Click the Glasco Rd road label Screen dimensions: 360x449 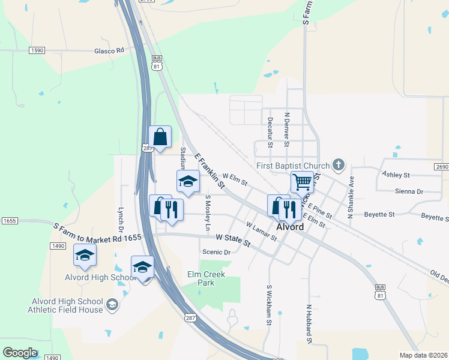(x=109, y=50)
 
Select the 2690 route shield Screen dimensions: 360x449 (x=441, y=166)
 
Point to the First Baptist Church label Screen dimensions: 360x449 (x=293, y=166)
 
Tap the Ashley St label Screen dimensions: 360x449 (x=396, y=175)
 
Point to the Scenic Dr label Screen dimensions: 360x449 (x=216, y=253)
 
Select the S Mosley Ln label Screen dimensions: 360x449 (x=208, y=212)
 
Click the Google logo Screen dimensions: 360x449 (x=20, y=352)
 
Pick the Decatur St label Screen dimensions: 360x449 (x=270, y=132)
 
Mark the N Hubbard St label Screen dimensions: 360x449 (x=309, y=325)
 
